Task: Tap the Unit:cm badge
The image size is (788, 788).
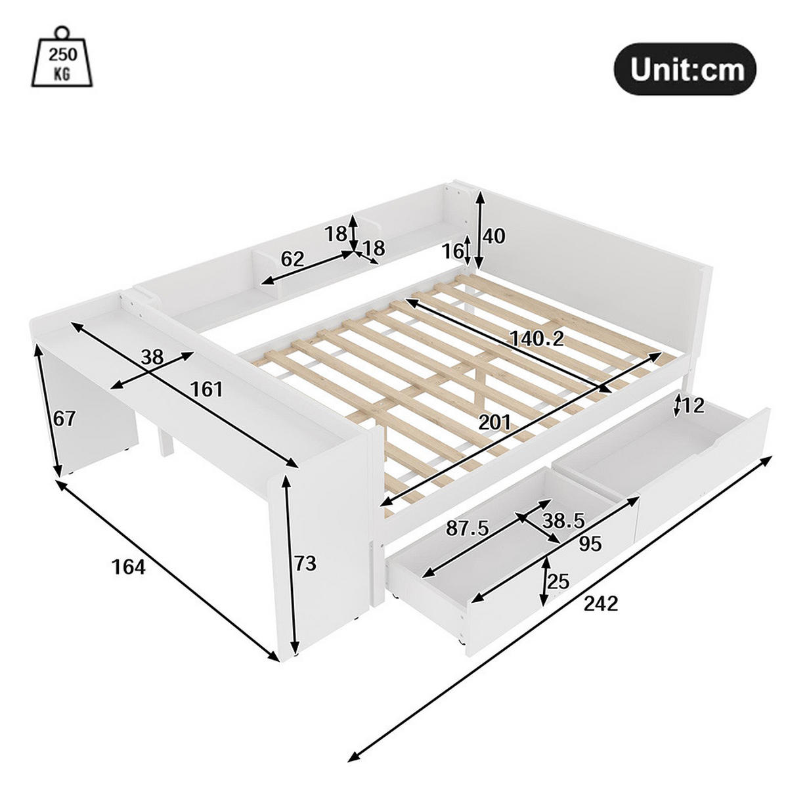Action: [684, 70]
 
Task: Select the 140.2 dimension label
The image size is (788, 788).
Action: [537, 338]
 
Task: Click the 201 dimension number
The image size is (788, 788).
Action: [494, 423]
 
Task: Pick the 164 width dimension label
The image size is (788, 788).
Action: [128, 567]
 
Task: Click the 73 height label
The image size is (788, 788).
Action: [305, 563]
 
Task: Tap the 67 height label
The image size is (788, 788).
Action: [64, 418]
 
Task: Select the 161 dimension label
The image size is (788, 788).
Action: [207, 389]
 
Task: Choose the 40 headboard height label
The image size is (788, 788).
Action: [494, 236]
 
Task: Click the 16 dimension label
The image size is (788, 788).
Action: [452, 250]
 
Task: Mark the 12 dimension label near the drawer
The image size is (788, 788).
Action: [692, 405]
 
